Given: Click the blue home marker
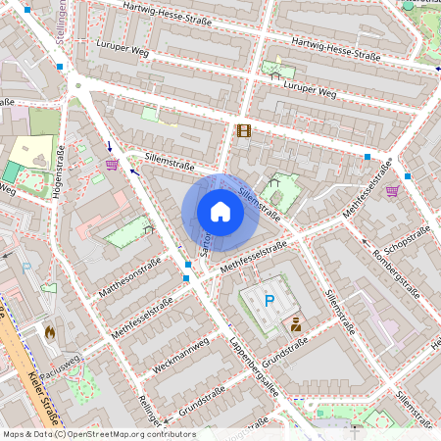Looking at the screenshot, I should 220,212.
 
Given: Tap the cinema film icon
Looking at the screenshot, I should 243,130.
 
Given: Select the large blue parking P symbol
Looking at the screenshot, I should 269,301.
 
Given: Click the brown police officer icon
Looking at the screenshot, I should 296,323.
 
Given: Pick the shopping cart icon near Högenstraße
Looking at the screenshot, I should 112,165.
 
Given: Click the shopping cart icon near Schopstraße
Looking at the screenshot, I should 392,190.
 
